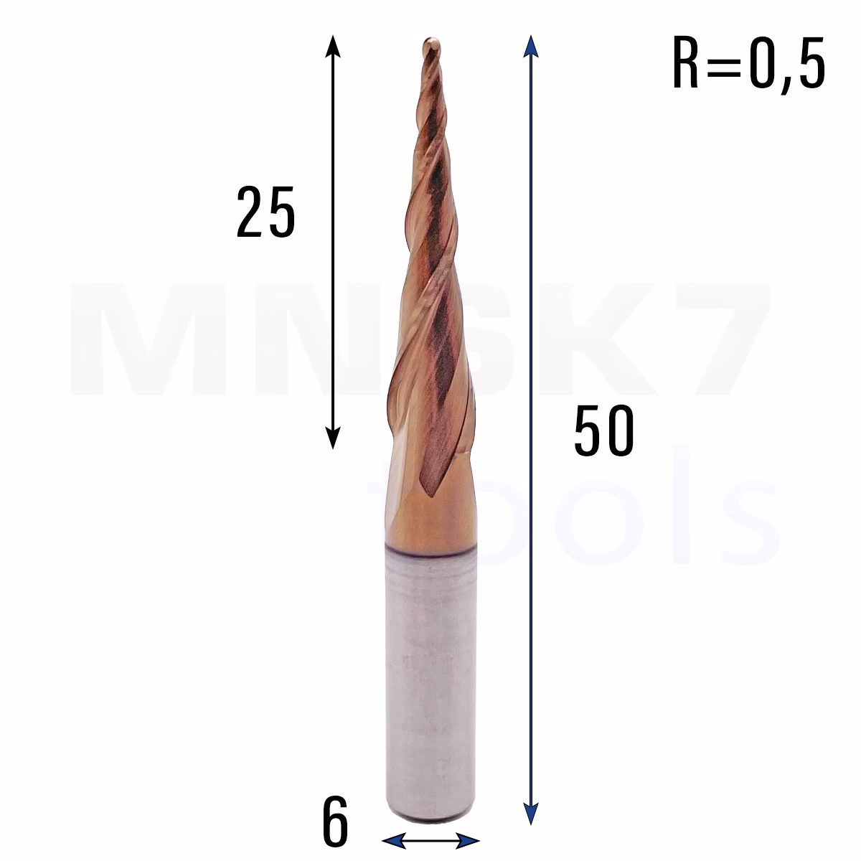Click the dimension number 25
[x=266, y=212]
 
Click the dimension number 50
[x=604, y=430]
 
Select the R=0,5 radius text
[x=749, y=64]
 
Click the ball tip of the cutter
[x=431, y=44]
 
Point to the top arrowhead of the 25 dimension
[x=332, y=47]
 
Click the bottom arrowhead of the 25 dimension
[x=332, y=438]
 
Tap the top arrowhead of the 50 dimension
[x=530, y=47]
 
